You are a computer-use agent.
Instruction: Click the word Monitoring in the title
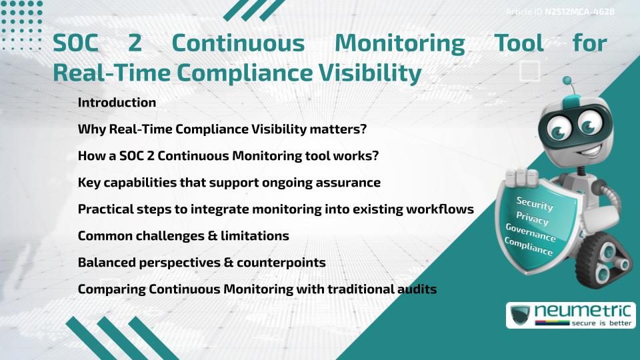[399, 43]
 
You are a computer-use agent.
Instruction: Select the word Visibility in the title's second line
[364, 73]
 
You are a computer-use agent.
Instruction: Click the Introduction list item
[117, 103]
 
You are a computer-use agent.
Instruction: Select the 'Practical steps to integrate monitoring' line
[275, 209]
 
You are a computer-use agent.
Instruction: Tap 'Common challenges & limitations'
[183, 236]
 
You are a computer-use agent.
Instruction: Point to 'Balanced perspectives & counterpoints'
[201, 263]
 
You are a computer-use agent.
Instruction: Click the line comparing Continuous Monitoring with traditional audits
[257, 289]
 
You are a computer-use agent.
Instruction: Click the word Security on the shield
[535, 204]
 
